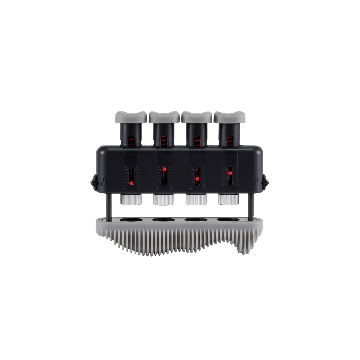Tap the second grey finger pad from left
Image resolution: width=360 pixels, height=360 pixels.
(x=165, y=119)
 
